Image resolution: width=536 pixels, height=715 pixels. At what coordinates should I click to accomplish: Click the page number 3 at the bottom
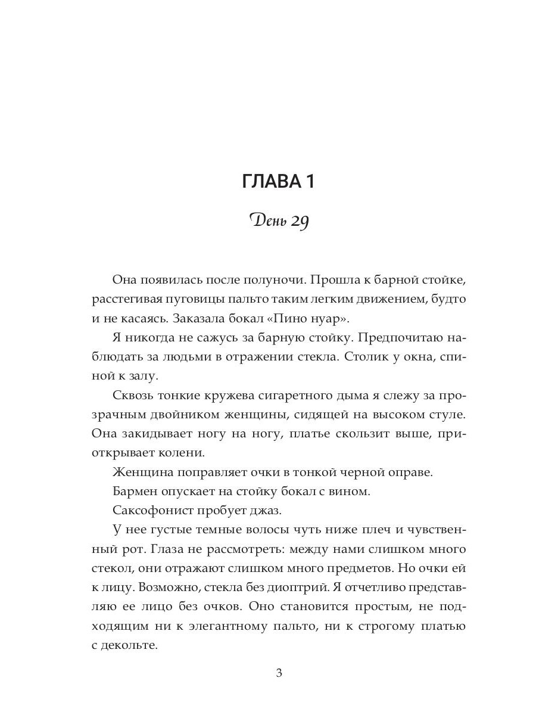[x=279, y=673]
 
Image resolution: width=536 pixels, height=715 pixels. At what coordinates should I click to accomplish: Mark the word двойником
[x=191, y=415]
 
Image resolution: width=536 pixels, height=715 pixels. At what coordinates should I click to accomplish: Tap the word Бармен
[x=133, y=492]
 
